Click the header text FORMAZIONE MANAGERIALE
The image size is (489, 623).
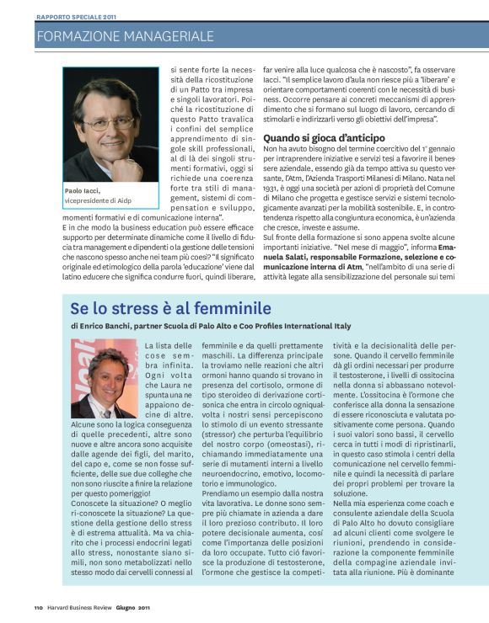click(125, 36)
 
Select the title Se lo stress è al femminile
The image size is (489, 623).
click(171, 308)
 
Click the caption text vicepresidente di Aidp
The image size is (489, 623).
click(96, 201)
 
